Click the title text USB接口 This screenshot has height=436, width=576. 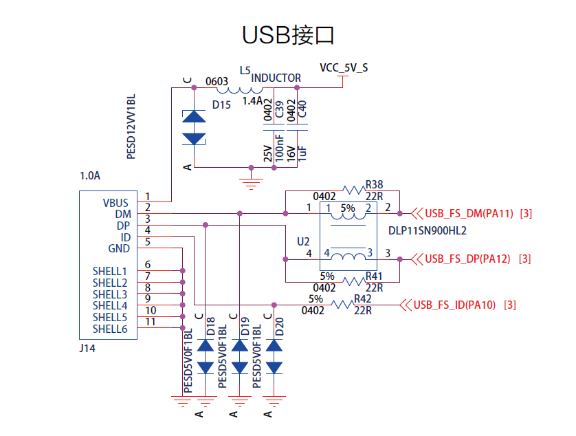(288, 34)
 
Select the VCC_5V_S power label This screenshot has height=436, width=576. (344, 67)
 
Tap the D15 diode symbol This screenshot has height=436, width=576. (194, 128)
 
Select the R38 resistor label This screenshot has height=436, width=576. (375, 184)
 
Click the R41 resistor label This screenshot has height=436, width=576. (375, 276)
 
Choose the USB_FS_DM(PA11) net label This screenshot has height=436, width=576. (469, 214)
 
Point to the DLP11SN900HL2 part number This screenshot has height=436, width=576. (428, 231)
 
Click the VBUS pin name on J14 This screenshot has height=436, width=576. (115, 203)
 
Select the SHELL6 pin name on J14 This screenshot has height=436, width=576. (110, 329)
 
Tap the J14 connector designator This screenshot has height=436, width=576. (87, 349)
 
